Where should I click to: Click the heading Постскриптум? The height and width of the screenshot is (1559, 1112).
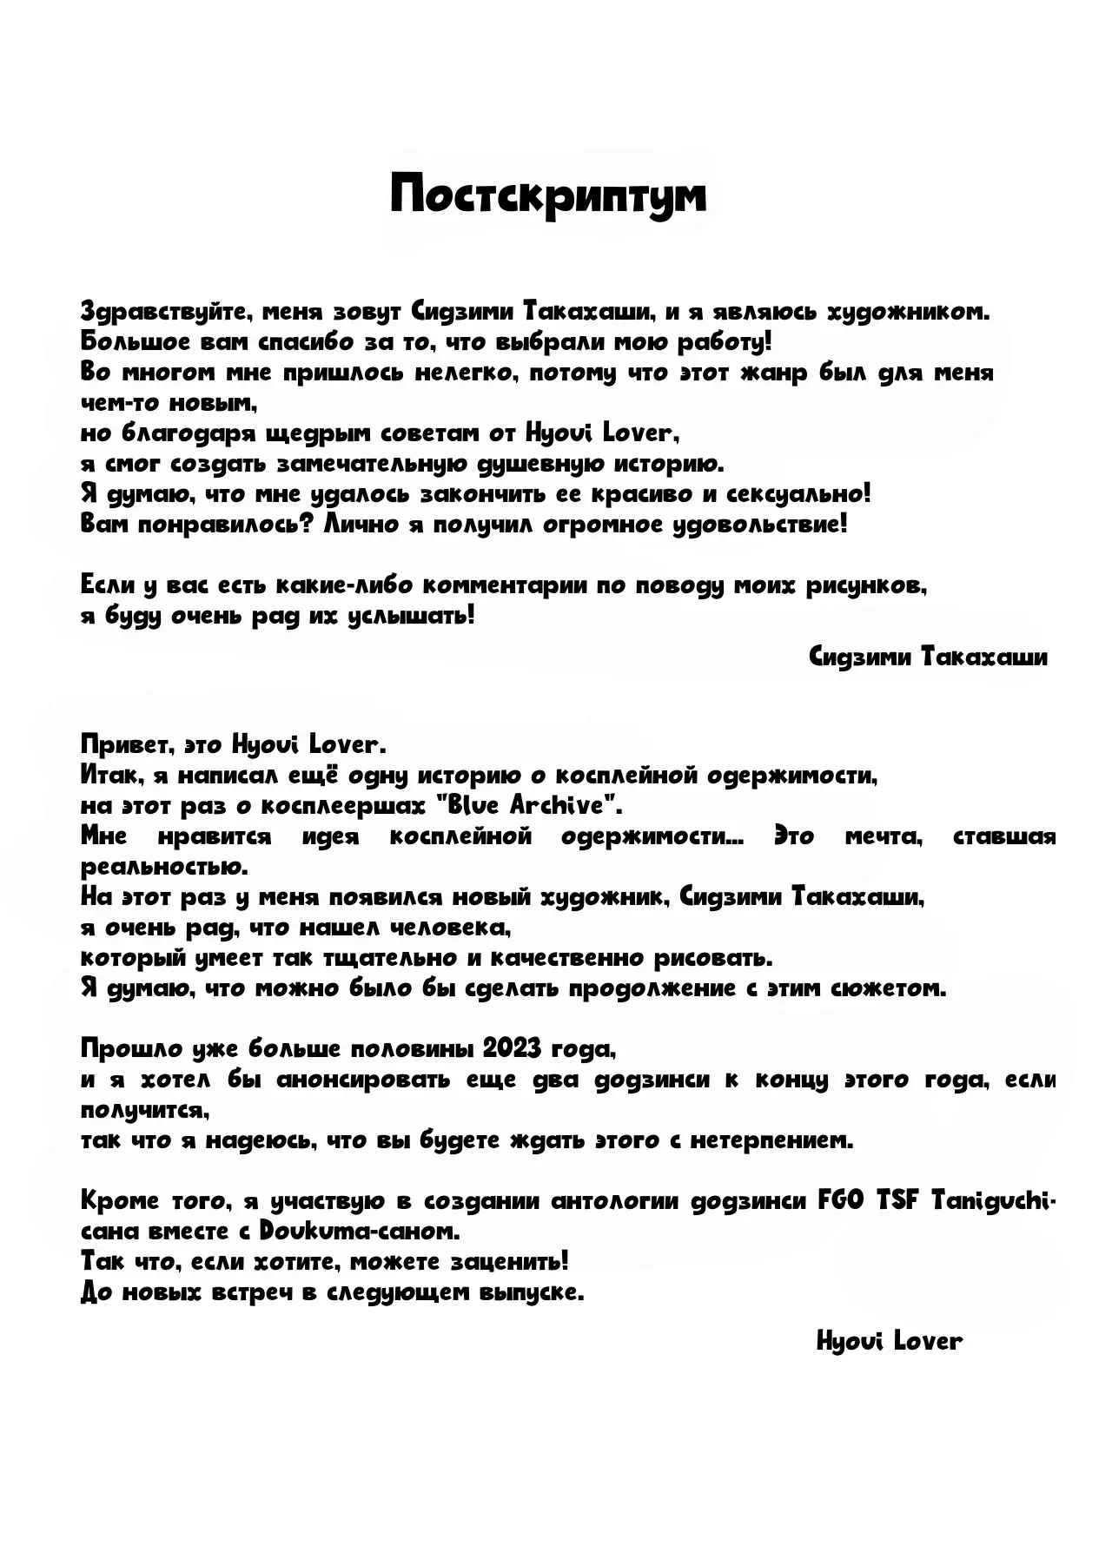[x=548, y=195]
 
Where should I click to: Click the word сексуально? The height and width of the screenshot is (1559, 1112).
[x=798, y=494]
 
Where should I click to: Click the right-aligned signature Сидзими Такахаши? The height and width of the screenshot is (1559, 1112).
[x=927, y=657]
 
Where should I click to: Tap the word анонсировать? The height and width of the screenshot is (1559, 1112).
[x=376, y=1080]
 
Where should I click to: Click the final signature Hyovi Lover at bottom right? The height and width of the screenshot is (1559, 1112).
[x=890, y=1341]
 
